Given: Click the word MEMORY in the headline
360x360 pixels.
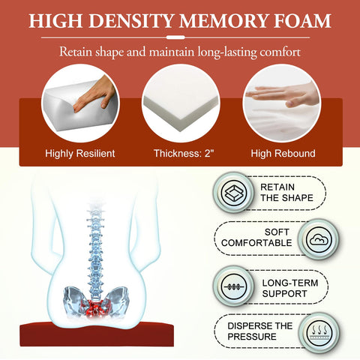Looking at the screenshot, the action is click(x=223, y=21).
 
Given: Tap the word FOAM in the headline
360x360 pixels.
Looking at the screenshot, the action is click(x=302, y=21).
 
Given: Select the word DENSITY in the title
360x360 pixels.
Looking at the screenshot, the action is click(x=131, y=21).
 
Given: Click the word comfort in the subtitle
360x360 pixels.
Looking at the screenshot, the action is click(x=280, y=52).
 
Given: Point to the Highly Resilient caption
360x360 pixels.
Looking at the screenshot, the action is click(x=80, y=153).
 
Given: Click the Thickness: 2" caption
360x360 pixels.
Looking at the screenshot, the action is click(x=184, y=153).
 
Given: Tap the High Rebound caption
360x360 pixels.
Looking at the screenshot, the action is click(x=283, y=153).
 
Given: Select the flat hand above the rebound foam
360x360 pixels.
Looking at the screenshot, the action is click(x=283, y=94).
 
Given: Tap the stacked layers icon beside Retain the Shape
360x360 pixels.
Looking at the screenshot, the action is click(x=234, y=193).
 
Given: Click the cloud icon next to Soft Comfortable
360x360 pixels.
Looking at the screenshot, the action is click(x=319, y=240).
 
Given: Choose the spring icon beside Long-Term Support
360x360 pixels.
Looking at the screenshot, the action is click(x=234, y=286).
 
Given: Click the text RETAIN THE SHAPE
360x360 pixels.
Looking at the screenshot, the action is click(x=286, y=193).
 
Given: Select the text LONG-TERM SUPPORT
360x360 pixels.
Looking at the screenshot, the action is click(x=290, y=288).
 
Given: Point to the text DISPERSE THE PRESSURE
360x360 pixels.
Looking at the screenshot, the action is click(x=259, y=331).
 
